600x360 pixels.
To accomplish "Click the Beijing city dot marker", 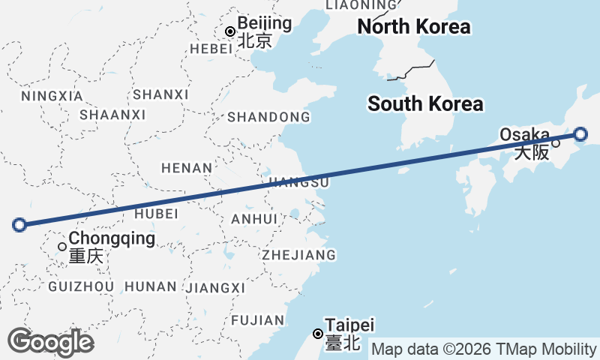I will click(230, 31).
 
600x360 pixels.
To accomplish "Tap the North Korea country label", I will click(413, 28).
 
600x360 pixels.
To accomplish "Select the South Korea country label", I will click(425, 104).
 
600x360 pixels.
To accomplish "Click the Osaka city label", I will click(525, 134).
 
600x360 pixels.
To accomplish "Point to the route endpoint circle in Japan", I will click(580, 135).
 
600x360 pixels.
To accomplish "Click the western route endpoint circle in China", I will click(20, 223).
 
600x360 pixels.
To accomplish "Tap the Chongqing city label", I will click(112, 239).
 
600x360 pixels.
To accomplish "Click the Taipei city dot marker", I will click(318, 334).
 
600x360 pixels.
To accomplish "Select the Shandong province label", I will click(268, 117).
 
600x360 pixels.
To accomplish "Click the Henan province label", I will click(187, 168).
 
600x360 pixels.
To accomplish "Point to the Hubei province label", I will click(156, 214).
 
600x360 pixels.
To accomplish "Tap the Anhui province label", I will click(255, 219).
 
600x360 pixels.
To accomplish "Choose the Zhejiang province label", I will click(298, 255).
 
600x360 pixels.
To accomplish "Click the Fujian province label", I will click(258, 320).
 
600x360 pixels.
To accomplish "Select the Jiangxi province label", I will click(215, 288).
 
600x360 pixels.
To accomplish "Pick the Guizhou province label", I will click(81, 286).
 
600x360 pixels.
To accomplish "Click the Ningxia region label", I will click(52, 96).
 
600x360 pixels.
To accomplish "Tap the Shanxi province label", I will click(160, 94).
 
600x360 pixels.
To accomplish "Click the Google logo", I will click(50, 342).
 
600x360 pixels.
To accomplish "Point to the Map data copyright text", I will click(484, 349).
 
